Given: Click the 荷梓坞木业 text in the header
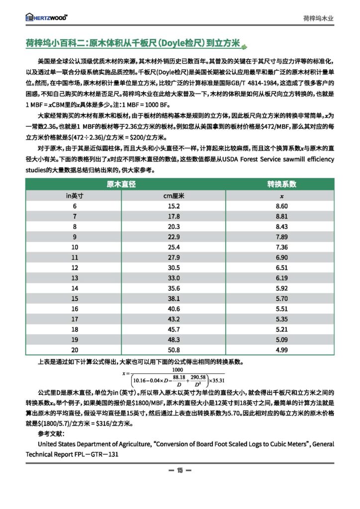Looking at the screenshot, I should (x=318, y=18).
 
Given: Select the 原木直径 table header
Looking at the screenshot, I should (x=121, y=184).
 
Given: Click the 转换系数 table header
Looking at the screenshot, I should (x=282, y=184).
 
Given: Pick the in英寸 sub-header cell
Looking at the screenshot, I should (x=75, y=195).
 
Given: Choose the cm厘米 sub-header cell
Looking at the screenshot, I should (x=174, y=195).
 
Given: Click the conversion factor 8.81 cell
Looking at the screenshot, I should (x=282, y=216).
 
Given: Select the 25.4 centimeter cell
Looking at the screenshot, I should (x=174, y=247).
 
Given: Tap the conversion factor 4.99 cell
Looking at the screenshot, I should (x=282, y=349).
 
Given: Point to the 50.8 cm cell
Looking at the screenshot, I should (x=174, y=349).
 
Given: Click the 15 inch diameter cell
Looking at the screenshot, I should (x=75, y=298).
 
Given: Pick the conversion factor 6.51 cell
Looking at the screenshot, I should (x=282, y=267).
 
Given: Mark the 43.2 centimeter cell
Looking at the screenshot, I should (x=174, y=319).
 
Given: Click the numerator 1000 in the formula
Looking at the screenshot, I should (x=178, y=369).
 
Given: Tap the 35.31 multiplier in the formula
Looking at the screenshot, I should (x=217, y=380).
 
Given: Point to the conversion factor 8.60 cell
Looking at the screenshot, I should (x=282, y=206).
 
